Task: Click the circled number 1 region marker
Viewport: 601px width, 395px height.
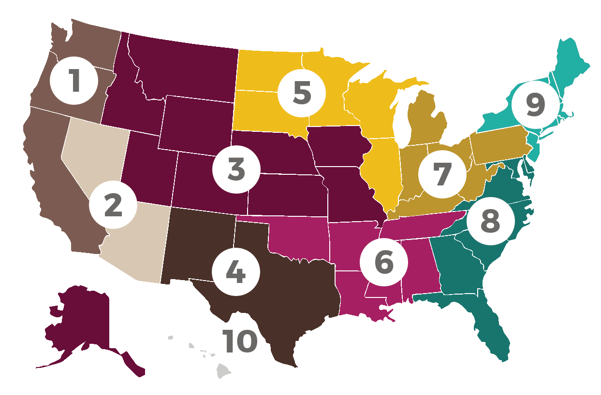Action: (74, 81)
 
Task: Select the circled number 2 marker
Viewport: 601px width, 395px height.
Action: (113, 205)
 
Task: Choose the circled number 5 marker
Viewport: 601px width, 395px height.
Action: (302, 93)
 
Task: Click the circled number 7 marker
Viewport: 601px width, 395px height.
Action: (442, 174)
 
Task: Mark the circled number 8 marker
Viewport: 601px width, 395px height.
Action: (490, 221)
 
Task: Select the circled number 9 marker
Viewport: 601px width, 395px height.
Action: (535, 105)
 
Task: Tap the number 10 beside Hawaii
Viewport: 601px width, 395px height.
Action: (240, 341)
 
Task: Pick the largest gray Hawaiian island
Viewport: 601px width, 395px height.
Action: (223, 371)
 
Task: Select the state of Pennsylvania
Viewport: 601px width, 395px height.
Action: (498, 145)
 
